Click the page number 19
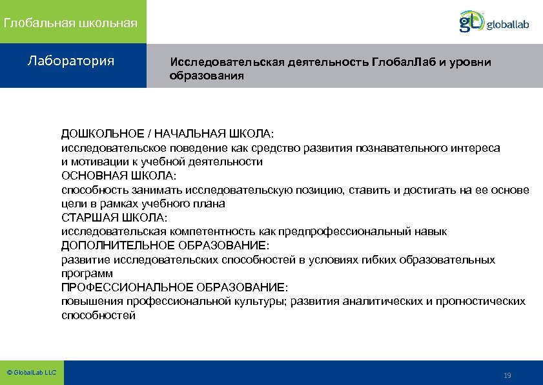coord(507,376)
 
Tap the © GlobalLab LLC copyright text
coord(31,373)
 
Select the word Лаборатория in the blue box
coord(71,61)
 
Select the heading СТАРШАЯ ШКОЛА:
coord(114,218)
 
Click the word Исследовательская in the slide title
coord(221,62)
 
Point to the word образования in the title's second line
coord(207,76)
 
